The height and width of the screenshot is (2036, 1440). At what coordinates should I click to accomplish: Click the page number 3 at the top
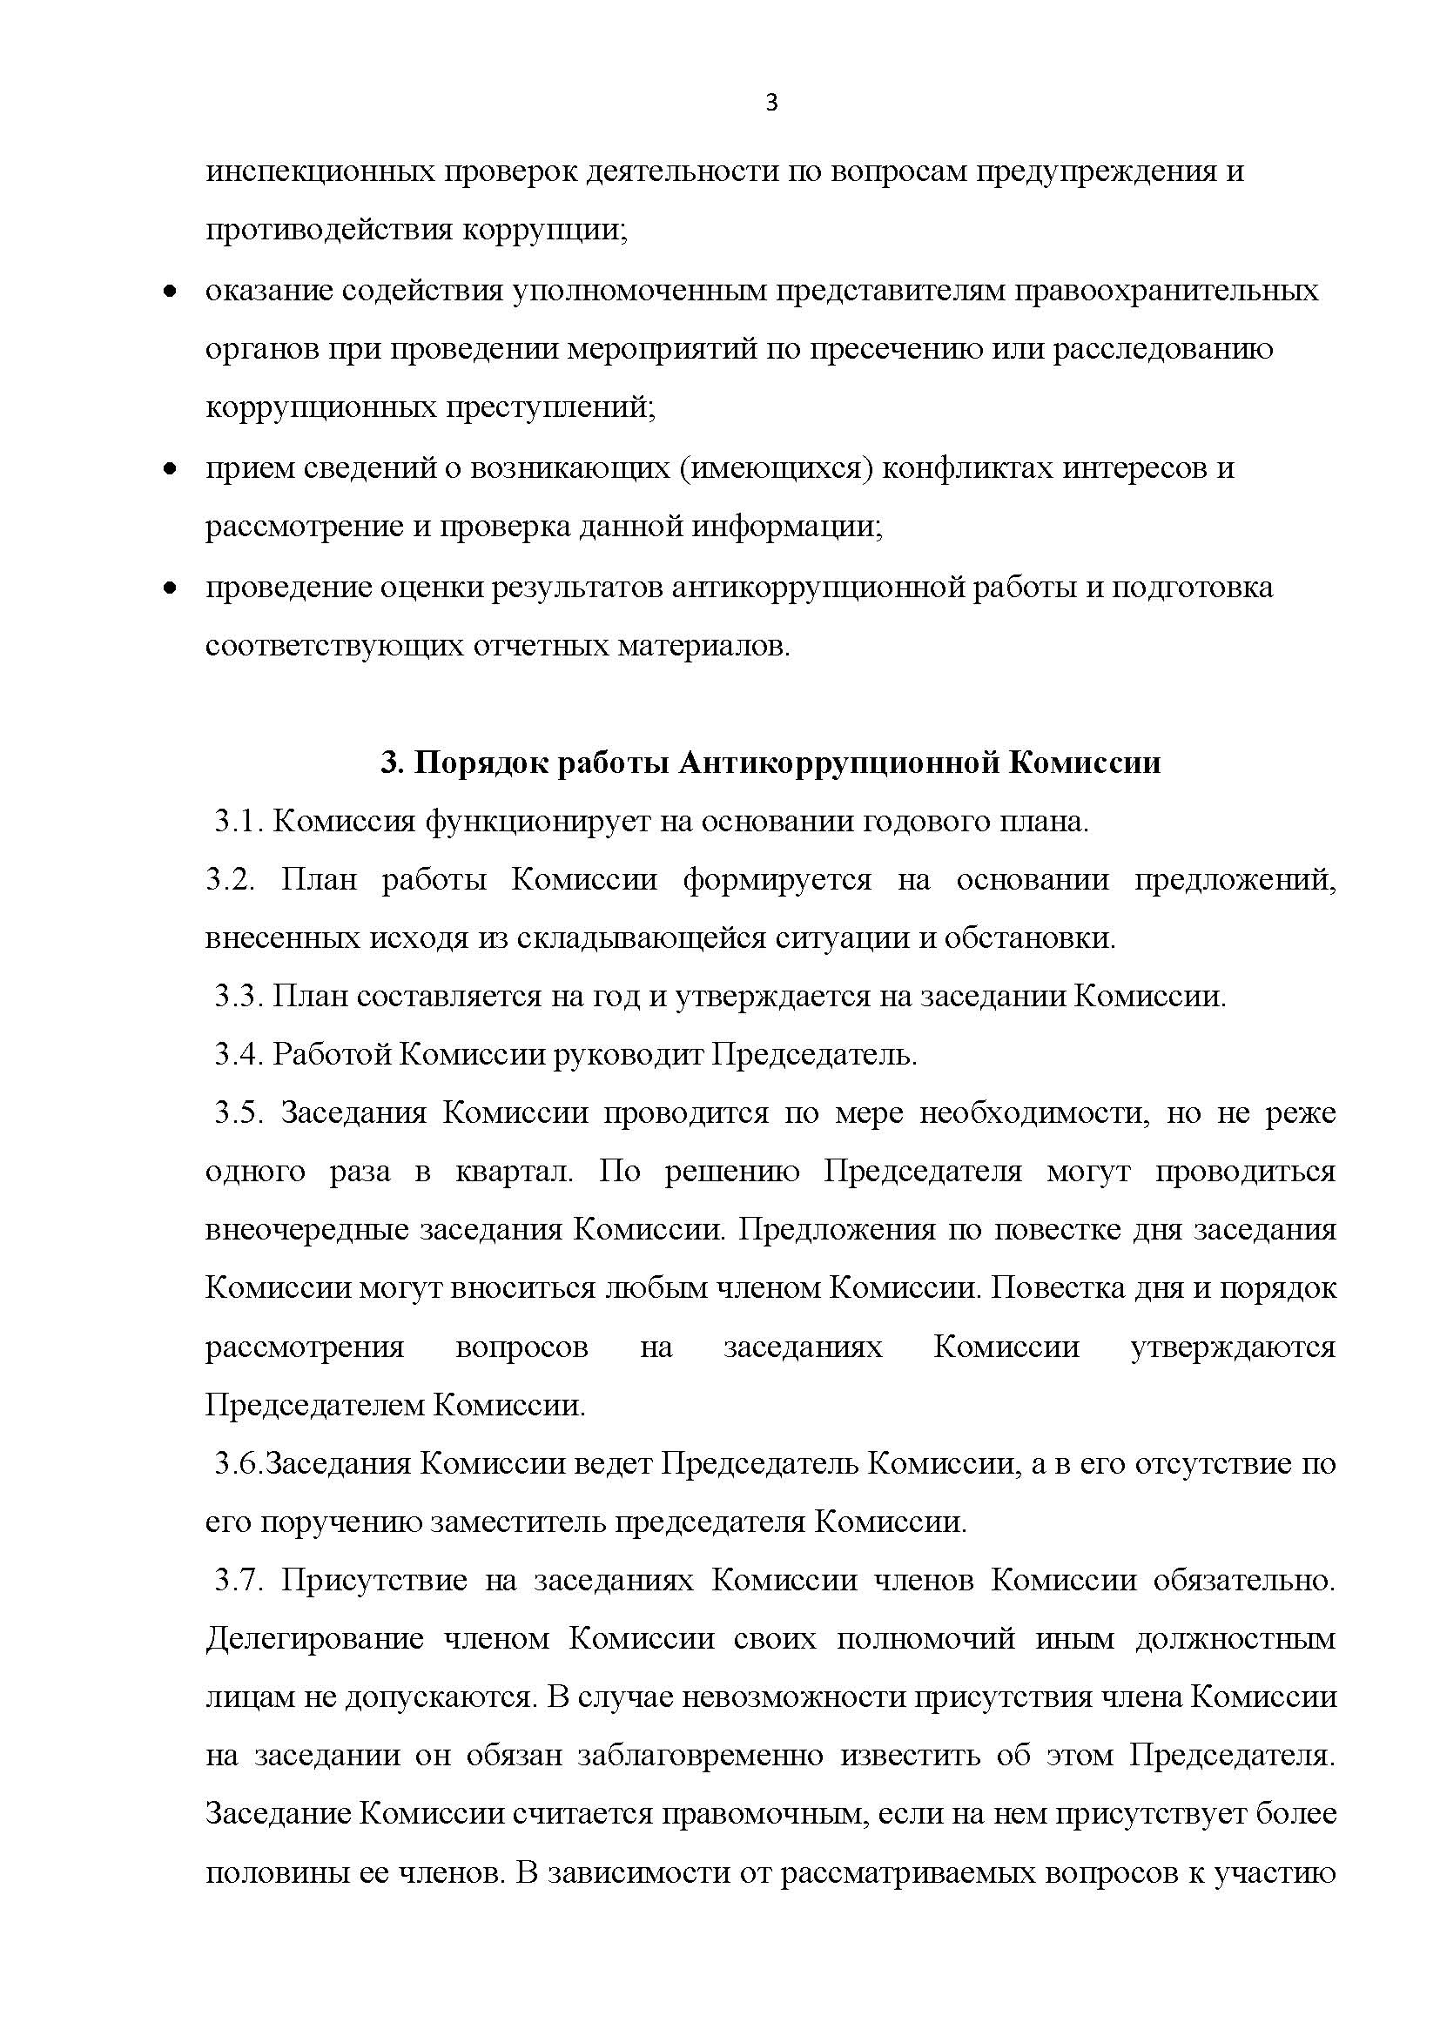(770, 104)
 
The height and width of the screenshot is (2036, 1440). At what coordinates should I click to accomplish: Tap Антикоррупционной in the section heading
(837, 763)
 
